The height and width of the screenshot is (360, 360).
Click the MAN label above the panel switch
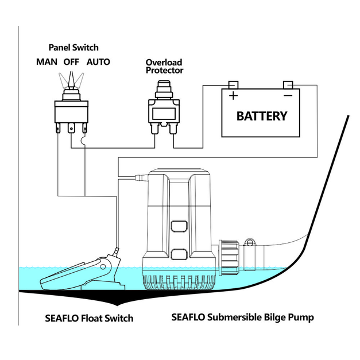tap(47, 62)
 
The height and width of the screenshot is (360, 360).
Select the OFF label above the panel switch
tap(71, 62)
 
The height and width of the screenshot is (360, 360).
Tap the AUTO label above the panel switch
tap(98, 62)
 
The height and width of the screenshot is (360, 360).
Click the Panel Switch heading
tap(73, 48)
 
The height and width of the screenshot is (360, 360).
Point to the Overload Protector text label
tap(164, 67)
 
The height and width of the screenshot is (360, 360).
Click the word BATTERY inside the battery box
tap(262, 116)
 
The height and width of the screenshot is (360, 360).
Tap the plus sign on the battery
tap(233, 95)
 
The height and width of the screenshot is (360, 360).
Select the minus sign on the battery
tap(288, 95)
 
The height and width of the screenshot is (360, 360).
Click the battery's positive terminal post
tap(233, 85)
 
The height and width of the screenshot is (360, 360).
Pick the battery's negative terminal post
tap(288, 85)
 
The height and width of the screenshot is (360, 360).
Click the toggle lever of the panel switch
tap(71, 80)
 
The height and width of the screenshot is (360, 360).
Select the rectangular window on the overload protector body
tap(164, 114)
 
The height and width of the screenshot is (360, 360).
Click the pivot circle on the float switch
tap(103, 266)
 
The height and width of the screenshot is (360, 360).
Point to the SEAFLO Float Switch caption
tap(89, 318)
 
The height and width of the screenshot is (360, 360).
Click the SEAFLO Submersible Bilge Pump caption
tap(242, 318)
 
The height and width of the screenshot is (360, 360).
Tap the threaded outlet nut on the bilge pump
tap(229, 258)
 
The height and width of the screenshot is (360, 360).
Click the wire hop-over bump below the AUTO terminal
tap(83, 141)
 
